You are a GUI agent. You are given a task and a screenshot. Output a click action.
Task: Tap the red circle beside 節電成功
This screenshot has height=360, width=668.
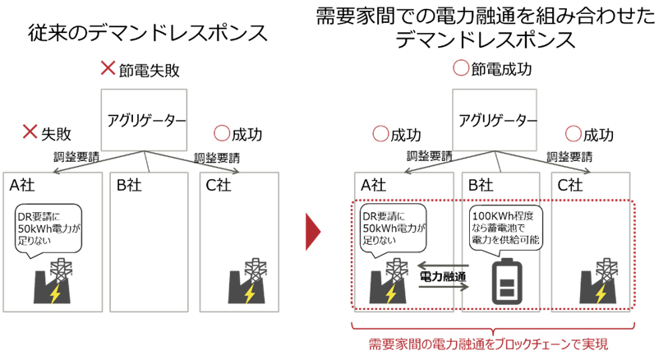click(462, 69)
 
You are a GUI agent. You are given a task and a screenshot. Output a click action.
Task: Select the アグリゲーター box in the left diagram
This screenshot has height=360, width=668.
click(145, 120)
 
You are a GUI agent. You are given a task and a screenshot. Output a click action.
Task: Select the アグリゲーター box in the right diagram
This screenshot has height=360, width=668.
click(493, 120)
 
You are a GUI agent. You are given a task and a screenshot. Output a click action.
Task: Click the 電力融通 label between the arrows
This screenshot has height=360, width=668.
click(443, 277)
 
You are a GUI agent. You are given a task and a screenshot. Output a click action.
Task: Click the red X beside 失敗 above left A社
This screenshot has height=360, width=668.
click(30, 131)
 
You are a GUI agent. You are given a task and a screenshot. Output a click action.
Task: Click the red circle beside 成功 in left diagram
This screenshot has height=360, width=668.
click(221, 132)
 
